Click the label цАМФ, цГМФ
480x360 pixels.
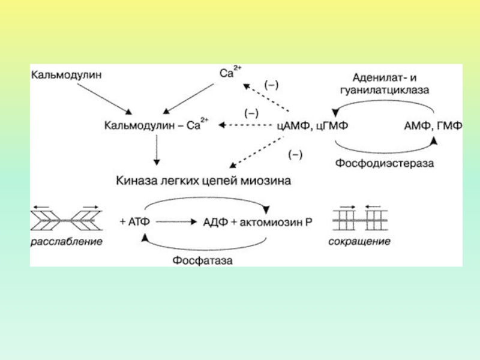click(312, 126)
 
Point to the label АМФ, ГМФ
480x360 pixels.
click(433, 126)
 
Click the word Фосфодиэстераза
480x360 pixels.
click(384, 163)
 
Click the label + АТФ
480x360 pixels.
click(135, 221)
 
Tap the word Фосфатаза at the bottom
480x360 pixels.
click(203, 260)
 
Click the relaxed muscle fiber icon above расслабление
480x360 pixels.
click(67, 220)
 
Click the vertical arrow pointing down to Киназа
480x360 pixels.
click(157, 150)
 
